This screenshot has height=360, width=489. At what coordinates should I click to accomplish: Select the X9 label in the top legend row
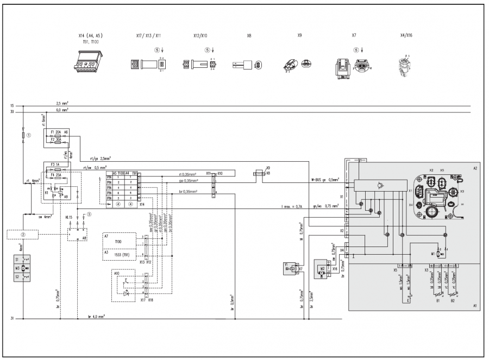(299, 35)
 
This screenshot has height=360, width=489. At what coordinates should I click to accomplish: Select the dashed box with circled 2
(23, 235)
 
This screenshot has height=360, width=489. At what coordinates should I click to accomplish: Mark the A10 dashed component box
(128, 286)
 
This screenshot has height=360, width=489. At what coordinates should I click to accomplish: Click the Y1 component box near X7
(287, 268)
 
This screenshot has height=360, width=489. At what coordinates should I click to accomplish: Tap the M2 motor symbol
(322, 268)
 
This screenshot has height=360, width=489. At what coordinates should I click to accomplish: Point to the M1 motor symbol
(439, 253)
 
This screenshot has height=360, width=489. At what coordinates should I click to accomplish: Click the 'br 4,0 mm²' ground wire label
(96, 315)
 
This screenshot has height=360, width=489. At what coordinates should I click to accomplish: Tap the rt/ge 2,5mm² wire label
(92, 159)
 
